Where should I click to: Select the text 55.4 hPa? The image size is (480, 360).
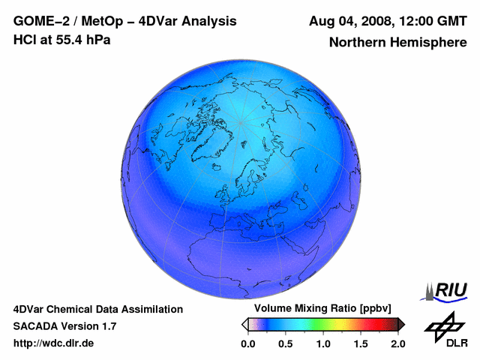click(x=78, y=40)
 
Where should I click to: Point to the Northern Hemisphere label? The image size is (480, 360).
click(x=397, y=43)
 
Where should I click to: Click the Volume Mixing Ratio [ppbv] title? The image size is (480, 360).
click(x=319, y=309)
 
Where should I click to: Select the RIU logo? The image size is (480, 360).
click(x=447, y=290)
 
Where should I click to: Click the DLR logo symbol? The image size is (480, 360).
click(x=444, y=324)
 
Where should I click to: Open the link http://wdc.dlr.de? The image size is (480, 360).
click(x=54, y=343)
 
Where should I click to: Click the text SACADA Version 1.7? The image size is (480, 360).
click(x=64, y=326)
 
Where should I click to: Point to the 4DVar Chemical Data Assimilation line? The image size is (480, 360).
click(x=98, y=309)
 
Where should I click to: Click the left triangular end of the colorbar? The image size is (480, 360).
click(x=244, y=324)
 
